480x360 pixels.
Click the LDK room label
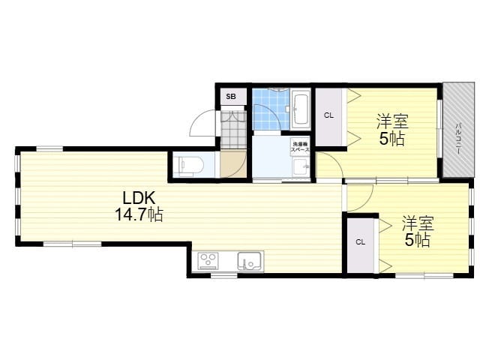[x=139, y=198]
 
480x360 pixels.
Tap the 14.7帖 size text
[x=139, y=214]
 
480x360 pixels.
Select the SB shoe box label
[x=231, y=97]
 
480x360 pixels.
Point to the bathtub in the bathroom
[x=300, y=109]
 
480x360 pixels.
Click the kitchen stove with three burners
[x=208, y=261]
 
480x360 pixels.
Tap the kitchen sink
[x=250, y=261]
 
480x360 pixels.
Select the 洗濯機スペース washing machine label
[x=300, y=147]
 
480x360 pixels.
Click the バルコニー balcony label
[x=458, y=137]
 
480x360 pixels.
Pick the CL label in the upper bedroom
[x=328, y=115]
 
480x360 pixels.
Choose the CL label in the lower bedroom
[x=360, y=242]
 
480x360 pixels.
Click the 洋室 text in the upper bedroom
[x=392, y=121]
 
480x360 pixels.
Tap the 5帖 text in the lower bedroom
[x=418, y=240]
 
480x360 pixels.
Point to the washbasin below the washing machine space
[x=300, y=166]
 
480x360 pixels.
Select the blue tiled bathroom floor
[x=271, y=109]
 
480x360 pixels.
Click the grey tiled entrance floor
[x=233, y=130]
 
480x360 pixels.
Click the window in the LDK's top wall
[x=49, y=149]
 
